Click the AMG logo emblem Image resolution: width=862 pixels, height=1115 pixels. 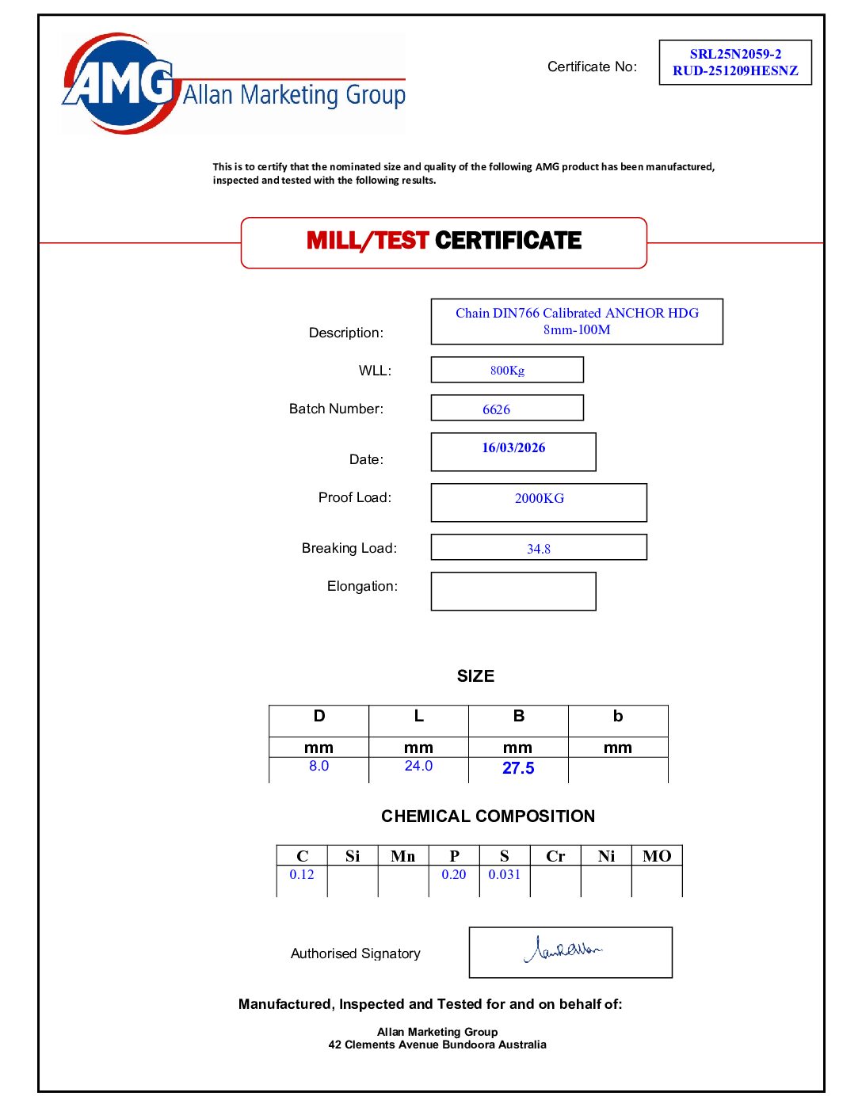pos(119,83)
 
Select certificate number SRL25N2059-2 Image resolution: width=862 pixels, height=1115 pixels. pos(735,54)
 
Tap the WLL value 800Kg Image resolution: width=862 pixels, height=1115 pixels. pos(507,371)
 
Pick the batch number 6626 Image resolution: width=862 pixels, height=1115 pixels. pos(496,409)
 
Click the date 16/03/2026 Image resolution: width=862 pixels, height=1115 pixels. pos(513,447)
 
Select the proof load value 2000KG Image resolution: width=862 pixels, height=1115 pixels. pos(540,498)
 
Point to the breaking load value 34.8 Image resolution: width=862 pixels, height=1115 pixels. pos(539,549)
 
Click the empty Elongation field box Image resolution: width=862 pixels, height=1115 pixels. pos(513,592)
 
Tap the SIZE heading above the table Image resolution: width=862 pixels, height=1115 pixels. pos(475,676)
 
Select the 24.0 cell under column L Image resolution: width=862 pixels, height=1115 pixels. pos(418,766)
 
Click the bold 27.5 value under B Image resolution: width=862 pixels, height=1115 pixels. pos(518,768)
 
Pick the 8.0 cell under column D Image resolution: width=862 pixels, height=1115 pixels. pos(318,766)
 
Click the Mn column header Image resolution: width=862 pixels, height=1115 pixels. pos(402,856)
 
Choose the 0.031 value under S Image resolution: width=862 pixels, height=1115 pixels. pos(505,874)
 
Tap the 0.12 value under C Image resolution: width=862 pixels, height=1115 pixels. pos(302,874)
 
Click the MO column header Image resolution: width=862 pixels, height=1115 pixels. pos(657,856)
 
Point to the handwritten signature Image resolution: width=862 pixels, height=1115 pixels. pos(564,949)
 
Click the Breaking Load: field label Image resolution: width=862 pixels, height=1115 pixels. pos(349,548)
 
